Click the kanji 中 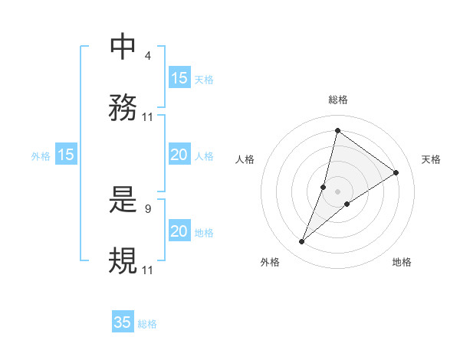tap(123, 47)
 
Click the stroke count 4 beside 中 tap(147, 56)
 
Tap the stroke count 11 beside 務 tap(148, 117)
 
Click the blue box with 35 tap(123, 322)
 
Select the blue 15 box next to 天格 tap(179, 78)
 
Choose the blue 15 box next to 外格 tap(66, 155)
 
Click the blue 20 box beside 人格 tap(179, 155)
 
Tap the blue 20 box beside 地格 tap(179, 231)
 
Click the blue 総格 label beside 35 tap(147, 324)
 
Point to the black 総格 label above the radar tap(337, 100)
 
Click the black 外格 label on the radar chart tap(270, 262)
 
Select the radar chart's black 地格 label tap(402, 262)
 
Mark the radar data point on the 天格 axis tap(396, 172)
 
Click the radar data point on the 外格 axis tap(302, 242)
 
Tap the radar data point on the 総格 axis tap(337, 130)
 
